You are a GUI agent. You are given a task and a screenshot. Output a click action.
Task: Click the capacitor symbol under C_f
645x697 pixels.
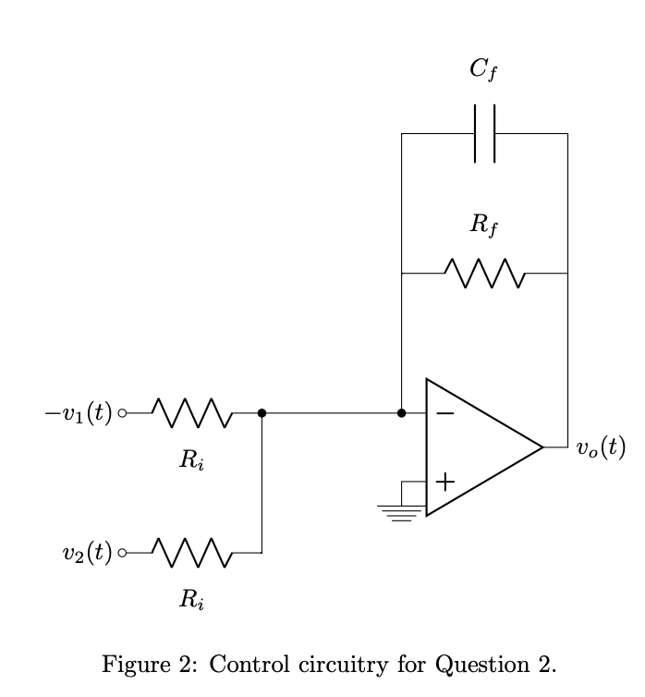pyautogui.click(x=484, y=134)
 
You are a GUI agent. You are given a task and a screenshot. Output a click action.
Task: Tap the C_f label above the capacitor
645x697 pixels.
pyautogui.click(x=484, y=69)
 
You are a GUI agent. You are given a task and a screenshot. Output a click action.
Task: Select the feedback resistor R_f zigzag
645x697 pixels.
pyautogui.click(x=484, y=274)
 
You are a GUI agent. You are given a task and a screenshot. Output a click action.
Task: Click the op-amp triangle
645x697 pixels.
pyautogui.click(x=481, y=446)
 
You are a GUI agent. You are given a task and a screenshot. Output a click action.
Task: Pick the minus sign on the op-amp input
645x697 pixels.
pyautogui.click(x=444, y=413)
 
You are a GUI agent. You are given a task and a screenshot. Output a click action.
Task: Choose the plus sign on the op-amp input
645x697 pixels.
pyautogui.click(x=444, y=481)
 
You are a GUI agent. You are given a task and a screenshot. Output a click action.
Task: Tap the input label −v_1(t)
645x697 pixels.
pyautogui.click(x=78, y=413)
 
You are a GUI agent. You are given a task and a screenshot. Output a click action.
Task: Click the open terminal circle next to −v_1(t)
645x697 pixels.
pyautogui.click(x=122, y=413)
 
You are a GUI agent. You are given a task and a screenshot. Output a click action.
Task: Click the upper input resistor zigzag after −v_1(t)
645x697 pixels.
pyautogui.click(x=192, y=413)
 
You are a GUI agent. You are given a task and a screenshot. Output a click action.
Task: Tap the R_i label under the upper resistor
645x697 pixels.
pyautogui.click(x=191, y=461)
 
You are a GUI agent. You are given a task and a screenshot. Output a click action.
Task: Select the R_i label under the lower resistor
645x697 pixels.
pyautogui.click(x=191, y=601)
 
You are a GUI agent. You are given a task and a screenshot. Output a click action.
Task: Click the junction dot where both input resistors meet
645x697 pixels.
pyautogui.click(x=262, y=413)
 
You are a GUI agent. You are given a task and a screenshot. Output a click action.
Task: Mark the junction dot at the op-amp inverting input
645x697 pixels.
pyautogui.click(x=401, y=413)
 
